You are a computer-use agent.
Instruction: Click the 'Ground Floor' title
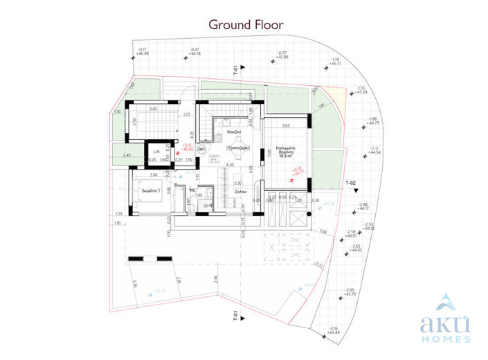246,24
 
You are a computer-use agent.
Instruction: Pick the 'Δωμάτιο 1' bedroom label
153,189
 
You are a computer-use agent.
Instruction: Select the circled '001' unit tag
201,148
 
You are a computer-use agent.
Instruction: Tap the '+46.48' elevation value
143,53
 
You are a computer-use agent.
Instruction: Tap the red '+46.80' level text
186,150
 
